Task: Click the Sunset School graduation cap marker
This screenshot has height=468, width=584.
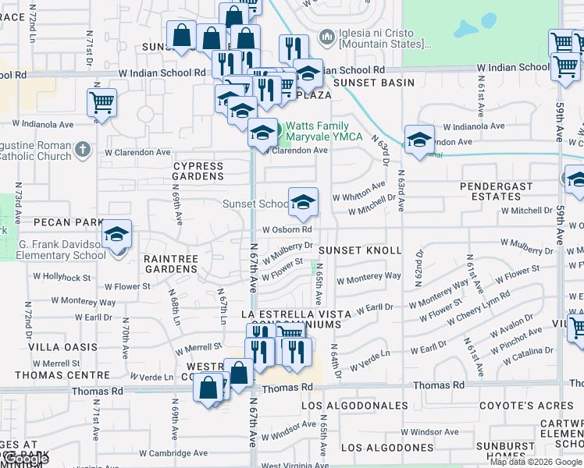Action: (302, 203)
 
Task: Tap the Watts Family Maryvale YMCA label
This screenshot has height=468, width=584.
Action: (324, 131)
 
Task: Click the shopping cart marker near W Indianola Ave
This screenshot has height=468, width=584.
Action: (101, 102)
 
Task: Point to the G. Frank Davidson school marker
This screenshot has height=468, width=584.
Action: (116, 234)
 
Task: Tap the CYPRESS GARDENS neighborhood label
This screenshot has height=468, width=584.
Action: (198, 171)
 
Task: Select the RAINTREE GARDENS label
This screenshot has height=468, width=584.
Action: (172, 263)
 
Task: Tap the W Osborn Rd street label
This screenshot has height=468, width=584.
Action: (287, 230)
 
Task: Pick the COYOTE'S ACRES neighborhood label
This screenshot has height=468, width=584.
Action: (526, 406)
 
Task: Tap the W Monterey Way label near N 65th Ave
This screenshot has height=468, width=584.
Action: (369, 277)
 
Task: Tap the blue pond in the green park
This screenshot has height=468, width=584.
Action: (466, 30)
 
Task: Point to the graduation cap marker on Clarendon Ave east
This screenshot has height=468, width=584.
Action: (419, 140)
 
